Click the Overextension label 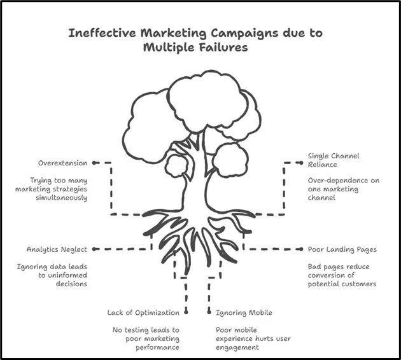point(62,163)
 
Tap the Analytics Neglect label point(56,249)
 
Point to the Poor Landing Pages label point(342,249)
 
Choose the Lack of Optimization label point(143,313)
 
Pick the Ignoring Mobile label point(244,313)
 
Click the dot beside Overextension point(94,163)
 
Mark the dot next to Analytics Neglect point(94,249)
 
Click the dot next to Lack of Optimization point(186,312)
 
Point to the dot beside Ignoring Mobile point(209,312)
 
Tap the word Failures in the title point(218,48)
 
